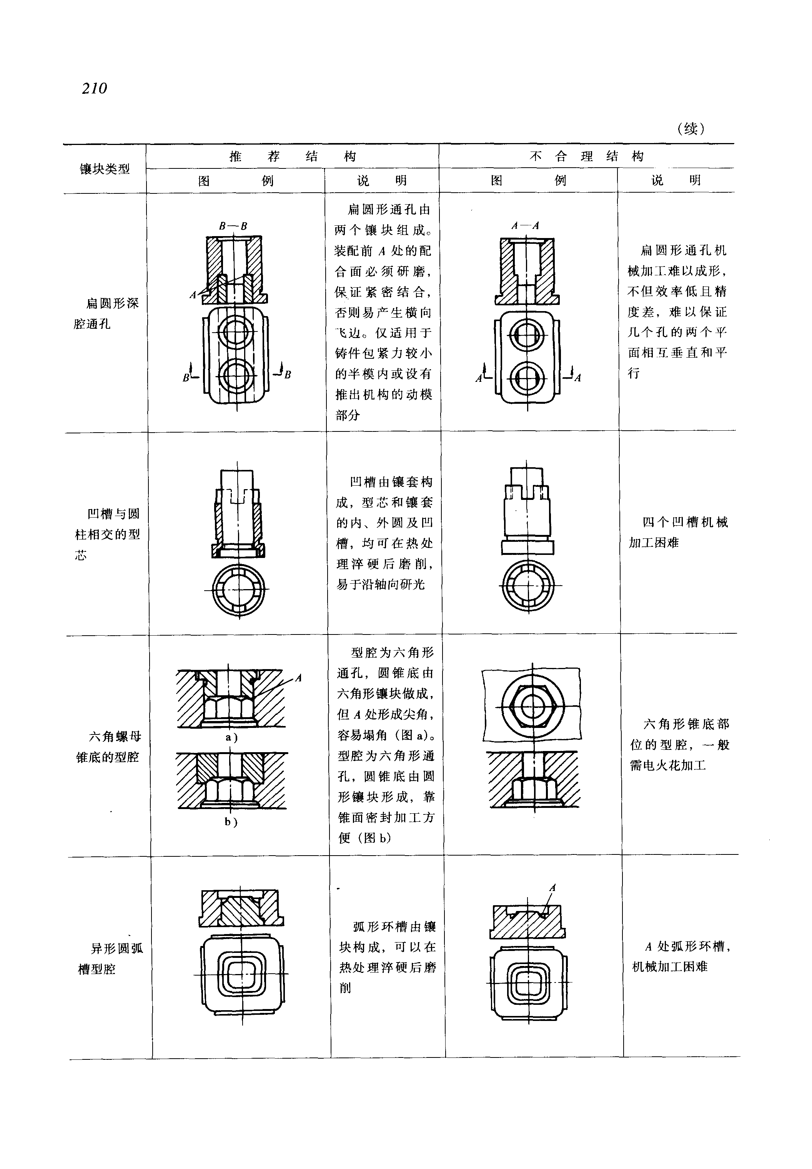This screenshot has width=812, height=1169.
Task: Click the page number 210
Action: pos(95,88)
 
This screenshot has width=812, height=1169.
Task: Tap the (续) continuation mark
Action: pos(691,129)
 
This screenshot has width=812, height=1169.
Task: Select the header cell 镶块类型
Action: pos(105,169)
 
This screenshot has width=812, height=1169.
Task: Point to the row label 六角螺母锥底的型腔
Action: pos(108,747)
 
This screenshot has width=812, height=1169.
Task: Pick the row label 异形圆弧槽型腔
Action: pos(110,959)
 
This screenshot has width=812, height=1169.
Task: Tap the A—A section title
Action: pos(525,225)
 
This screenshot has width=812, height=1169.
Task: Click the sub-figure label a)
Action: pos(231,738)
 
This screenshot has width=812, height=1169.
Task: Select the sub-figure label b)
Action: pos(231,822)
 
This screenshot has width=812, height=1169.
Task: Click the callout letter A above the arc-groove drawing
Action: pos(552,888)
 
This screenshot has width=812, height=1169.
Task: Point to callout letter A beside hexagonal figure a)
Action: pos(299,678)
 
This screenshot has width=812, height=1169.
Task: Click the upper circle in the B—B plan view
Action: pos(236,333)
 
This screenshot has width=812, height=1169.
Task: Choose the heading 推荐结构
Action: pos(293,156)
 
